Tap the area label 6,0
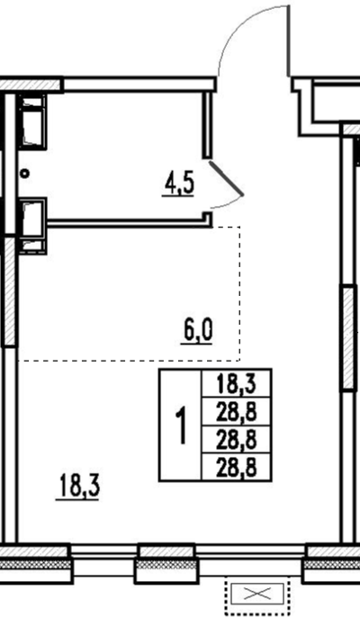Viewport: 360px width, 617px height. click(197, 331)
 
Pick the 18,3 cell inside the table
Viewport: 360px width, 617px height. click(236, 384)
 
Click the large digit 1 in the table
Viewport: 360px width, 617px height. click(180, 425)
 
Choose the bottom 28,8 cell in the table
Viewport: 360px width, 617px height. click(236, 468)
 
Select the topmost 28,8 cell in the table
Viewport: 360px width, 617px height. click(236, 412)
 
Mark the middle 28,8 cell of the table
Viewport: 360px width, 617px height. click(236, 440)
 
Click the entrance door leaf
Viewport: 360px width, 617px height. click(289, 40)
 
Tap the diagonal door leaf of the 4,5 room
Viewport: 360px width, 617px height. click(226, 177)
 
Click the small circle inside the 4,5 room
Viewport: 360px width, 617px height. click(25, 173)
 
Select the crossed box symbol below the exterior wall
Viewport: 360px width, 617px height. click(257, 594)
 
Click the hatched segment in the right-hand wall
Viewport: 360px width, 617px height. click(347, 338)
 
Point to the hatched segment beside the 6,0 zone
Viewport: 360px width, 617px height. click(10, 291)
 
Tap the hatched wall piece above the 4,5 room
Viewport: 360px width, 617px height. click(31, 85)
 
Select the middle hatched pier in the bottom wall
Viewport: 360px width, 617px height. click(167, 563)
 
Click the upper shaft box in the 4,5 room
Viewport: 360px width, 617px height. click(31, 121)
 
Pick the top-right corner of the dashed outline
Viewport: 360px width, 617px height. click(239, 227)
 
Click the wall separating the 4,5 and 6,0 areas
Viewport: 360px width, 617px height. click(130, 223)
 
